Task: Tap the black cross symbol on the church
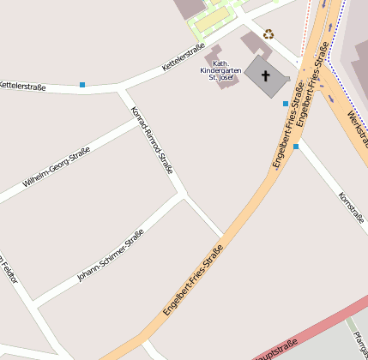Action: (x=266, y=76)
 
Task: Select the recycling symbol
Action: (x=268, y=34)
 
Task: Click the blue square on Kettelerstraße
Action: (x=82, y=84)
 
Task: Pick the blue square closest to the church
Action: (x=286, y=104)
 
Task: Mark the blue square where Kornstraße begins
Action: (x=296, y=147)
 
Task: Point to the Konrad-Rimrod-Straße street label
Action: (x=152, y=140)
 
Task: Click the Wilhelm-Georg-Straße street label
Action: (x=57, y=167)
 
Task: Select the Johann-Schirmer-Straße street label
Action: (x=110, y=255)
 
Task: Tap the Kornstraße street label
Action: (x=352, y=206)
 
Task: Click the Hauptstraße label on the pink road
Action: (x=276, y=349)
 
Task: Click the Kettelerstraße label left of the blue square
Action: (x=22, y=86)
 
